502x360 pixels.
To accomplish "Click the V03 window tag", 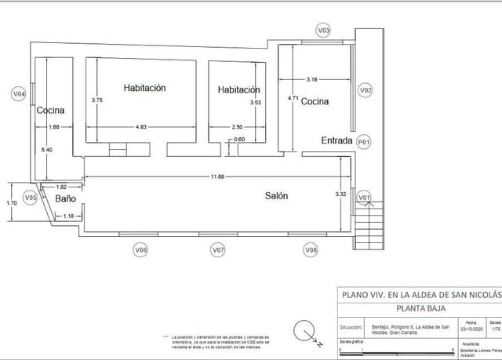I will point(323,30).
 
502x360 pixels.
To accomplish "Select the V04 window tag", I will point(20,94).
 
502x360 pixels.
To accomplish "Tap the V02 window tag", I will point(365,91).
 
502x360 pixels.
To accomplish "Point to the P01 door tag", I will point(363,142).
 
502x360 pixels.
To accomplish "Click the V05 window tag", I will point(30,198).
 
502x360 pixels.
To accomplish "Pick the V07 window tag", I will point(219,249).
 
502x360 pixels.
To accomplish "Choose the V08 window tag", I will point(311,249).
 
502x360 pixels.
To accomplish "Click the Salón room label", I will point(275,196).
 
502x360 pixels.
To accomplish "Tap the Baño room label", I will point(64,200).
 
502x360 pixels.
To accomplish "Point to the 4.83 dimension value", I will point(142,127).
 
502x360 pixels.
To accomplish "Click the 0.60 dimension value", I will point(240,140).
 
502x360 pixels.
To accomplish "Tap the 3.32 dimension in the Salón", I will point(340,193).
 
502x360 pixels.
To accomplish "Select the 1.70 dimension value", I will point(11,203).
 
